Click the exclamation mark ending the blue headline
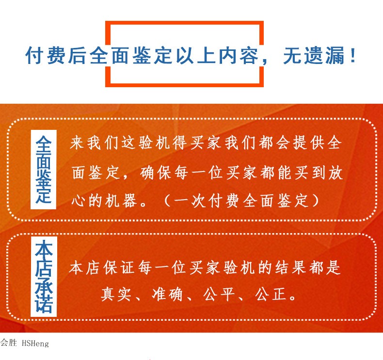[x=352, y=55]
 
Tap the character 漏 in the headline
[x=336, y=55]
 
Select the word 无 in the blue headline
[x=293, y=55]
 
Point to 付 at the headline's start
[x=35, y=55]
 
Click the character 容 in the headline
[x=249, y=55]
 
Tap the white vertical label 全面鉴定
[x=44, y=170]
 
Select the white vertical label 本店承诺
[x=44, y=277]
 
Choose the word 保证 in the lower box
[x=119, y=267]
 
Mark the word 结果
[x=291, y=267]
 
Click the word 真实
[x=116, y=294]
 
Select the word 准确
[x=168, y=294]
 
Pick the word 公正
[x=271, y=294]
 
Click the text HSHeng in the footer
[x=35, y=344]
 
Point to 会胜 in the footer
[x=8, y=343]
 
